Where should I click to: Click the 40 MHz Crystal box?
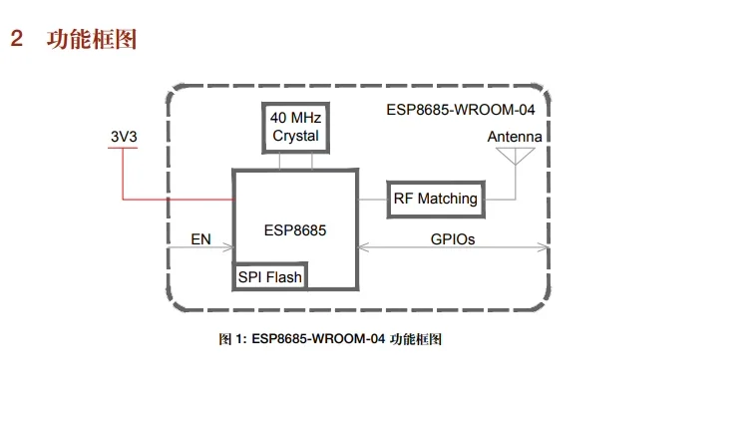tap(294, 127)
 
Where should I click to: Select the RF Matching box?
tap(435, 199)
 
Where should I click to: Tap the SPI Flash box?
tap(269, 276)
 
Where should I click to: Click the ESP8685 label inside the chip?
tap(295, 229)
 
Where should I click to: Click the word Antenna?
tap(515, 137)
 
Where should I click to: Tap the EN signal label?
tap(200, 239)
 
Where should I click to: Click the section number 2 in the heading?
tap(16, 40)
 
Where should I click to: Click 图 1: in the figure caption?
tap(231, 339)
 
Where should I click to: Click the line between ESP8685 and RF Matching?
tap(371, 199)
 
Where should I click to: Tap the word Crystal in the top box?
tap(294, 136)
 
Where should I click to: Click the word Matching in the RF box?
tap(448, 199)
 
